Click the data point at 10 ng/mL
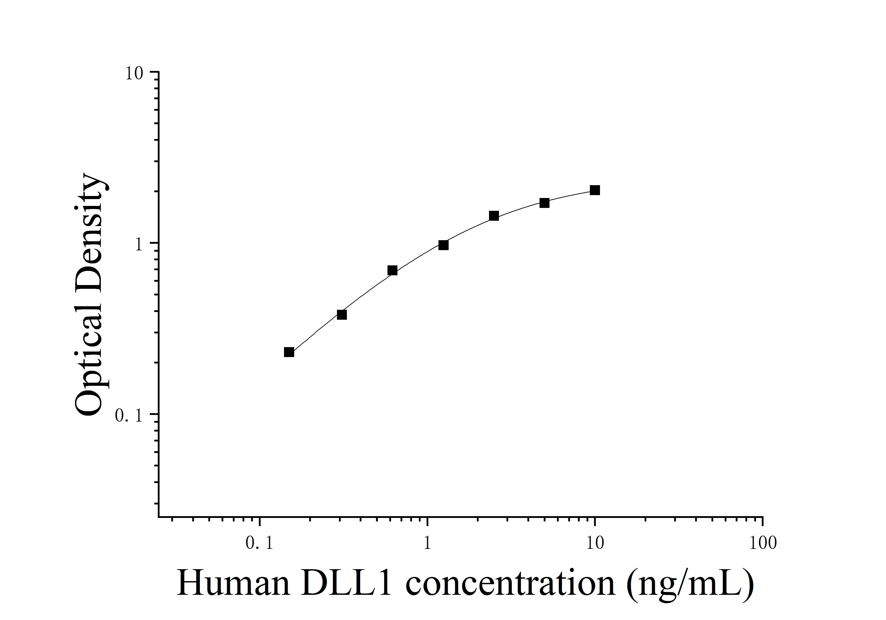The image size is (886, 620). tap(595, 190)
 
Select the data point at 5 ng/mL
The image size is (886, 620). tap(544, 203)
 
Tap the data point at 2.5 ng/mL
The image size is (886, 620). tap(494, 216)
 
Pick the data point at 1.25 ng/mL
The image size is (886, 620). tap(443, 245)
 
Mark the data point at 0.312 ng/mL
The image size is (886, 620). tap(342, 314)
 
